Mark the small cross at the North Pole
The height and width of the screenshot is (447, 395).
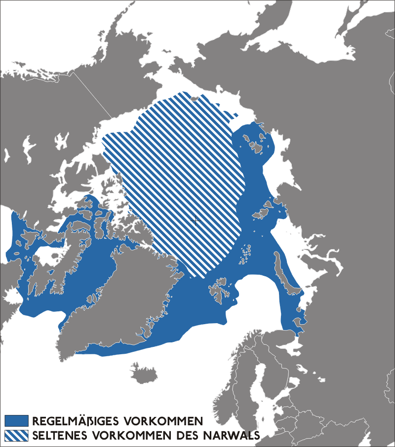[x=196, y=221]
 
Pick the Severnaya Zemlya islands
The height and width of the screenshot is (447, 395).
[x=262, y=213]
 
